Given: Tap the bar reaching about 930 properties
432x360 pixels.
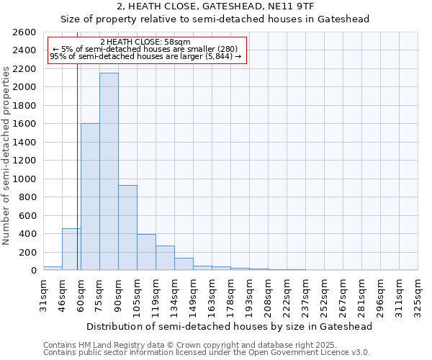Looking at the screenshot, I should (127, 228).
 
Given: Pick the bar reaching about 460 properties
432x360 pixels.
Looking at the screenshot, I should (71, 249).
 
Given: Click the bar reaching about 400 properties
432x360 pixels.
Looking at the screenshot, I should (146, 252).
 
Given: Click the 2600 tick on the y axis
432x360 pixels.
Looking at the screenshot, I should (26, 32).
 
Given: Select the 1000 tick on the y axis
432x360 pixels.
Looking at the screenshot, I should (26, 179).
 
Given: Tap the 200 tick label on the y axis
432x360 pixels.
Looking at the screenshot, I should (29, 252).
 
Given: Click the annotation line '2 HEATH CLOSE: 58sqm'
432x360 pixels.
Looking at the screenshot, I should (145, 42).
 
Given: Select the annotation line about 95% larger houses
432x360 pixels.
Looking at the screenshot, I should (145, 57).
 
